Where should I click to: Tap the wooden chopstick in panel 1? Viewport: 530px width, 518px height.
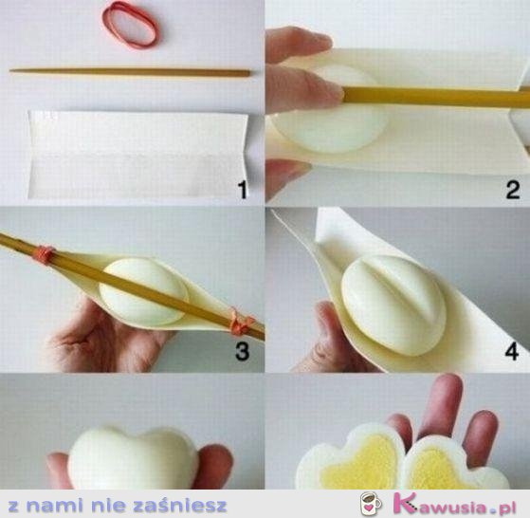[x=130, y=72]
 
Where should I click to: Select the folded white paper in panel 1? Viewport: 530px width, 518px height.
[x=138, y=154]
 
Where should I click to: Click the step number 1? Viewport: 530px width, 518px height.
[x=243, y=190]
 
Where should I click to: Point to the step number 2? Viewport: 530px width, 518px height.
[x=513, y=190]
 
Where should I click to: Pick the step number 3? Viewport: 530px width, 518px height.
[x=243, y=351]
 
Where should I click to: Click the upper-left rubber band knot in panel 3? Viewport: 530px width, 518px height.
[x=43, y=253]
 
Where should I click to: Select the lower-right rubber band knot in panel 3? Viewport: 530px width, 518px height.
[x=241, y=323]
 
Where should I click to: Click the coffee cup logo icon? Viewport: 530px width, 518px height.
[x=371, y=504]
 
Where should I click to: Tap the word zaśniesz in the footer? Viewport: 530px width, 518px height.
[x=179, y=506]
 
